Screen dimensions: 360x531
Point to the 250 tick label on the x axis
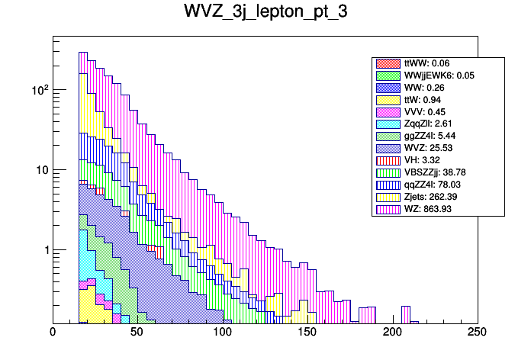[x=478, y=332]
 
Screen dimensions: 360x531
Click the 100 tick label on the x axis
[x=223, y=332]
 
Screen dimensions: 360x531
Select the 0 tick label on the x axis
[x=53, y=332]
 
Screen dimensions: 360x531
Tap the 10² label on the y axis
[x=40, y=89]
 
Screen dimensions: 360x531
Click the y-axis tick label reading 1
[x=45, y=251]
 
